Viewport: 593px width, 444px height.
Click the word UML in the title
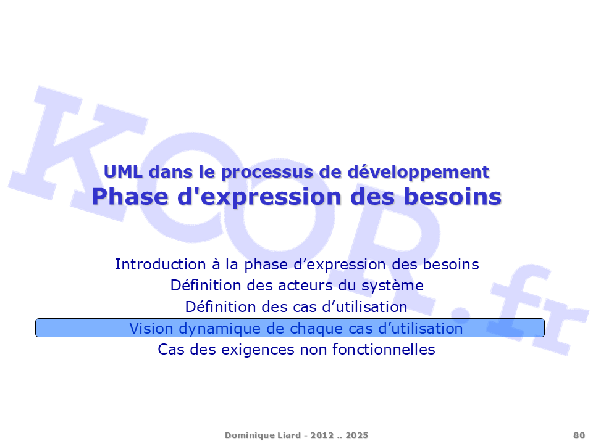click(x=124, y=172)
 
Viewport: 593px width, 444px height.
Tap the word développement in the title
click(x=419, y=173)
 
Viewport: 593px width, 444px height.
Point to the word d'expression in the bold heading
click(x=260, y=197)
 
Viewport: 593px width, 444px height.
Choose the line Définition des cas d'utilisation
click(x=296, y=306)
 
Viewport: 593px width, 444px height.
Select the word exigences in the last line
click(x=258, y=350)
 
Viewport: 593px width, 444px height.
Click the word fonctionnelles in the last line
click(x=384, y=349)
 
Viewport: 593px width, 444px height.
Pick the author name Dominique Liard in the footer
click(x=263, y=435)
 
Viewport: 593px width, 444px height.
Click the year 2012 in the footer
click(x=322, y=435)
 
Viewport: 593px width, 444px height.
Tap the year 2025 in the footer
click(x=356, y=435)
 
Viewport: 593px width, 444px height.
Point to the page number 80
click(x=579, y=435)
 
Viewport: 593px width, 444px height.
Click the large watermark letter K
click(x=75, y=151)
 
